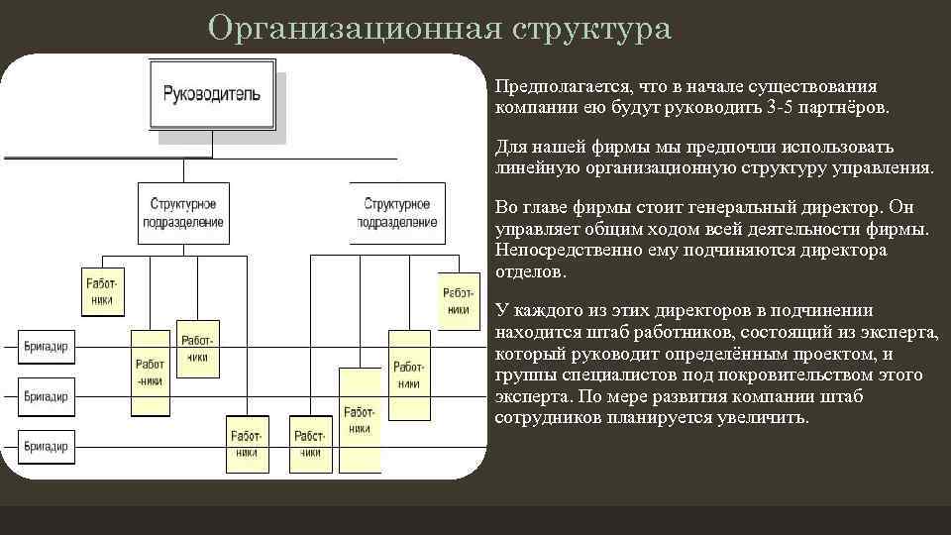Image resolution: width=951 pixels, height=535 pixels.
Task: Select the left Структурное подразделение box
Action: pyautogui.click(x=183, y=213)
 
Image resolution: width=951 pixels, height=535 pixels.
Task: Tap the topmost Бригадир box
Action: pyautogui.click(x=47, y=346)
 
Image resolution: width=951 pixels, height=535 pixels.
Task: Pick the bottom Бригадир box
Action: pyautogui.click(x=47, y=446)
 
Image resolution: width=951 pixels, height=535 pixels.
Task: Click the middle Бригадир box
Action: pyautogui.click(x=47, y=396)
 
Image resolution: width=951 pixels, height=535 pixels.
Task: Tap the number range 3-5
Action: pyautogui.click(x=785, y=106)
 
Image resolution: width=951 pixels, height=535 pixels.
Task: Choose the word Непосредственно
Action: pyautogui.click(x=560, y=250)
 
